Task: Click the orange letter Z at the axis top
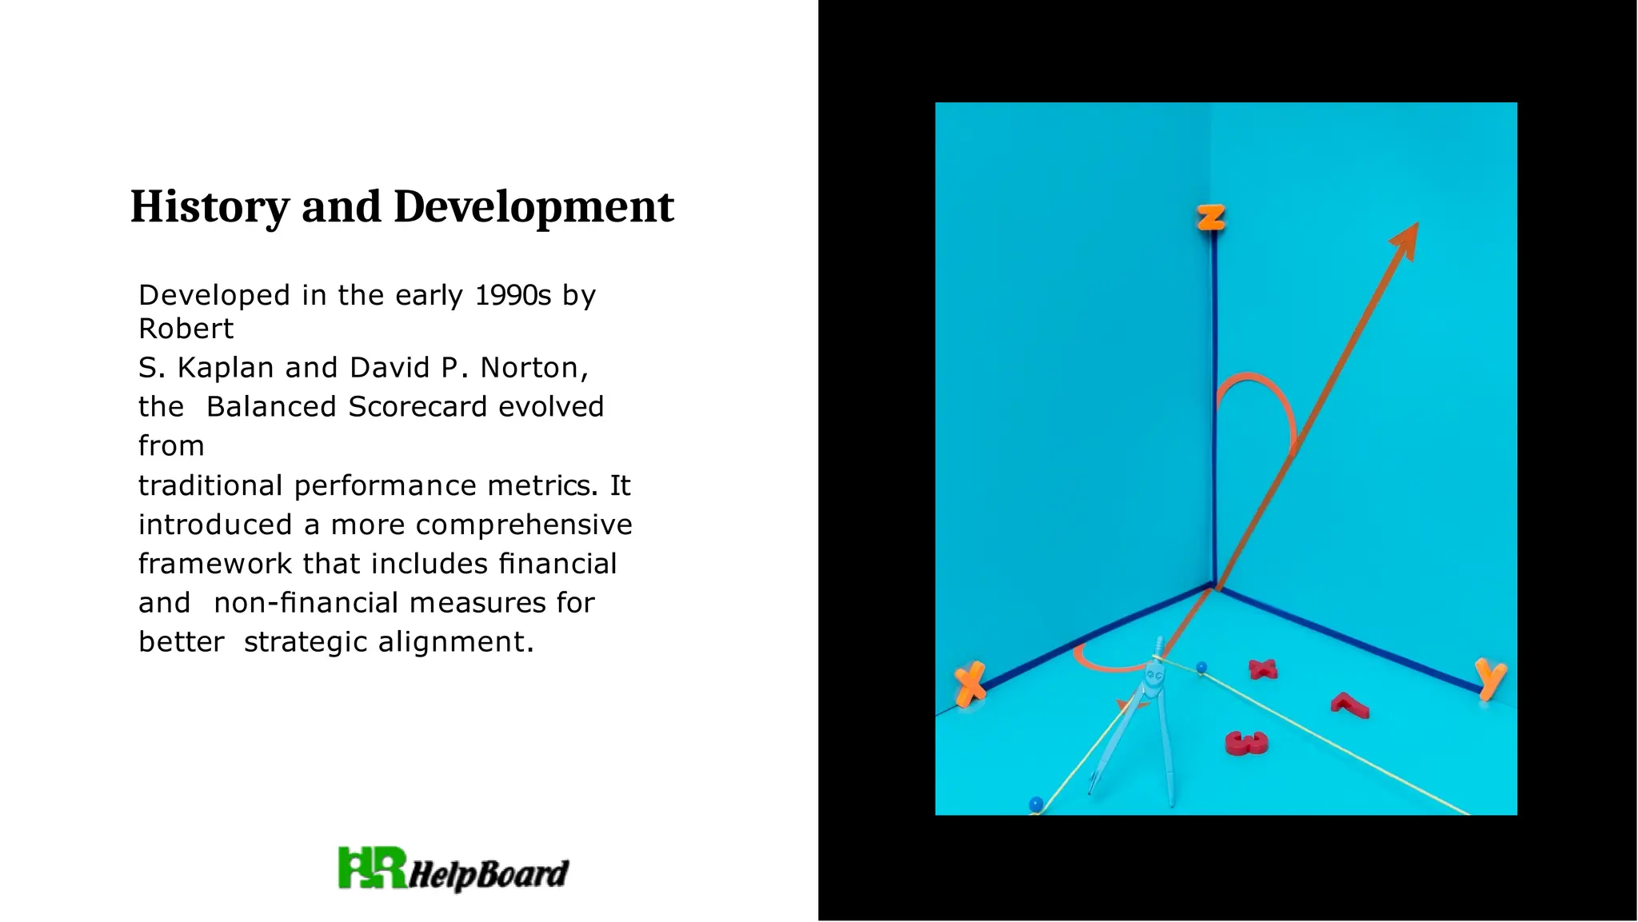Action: click(x=1211, y=217)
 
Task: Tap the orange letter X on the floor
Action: click(x=971, y=683)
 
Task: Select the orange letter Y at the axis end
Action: click(x=1490, y=678)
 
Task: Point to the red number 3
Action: click(x=1246, y=743)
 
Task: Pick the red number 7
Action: click(x=1350, y=704)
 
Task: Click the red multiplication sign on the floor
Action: click(x=1263, y=669)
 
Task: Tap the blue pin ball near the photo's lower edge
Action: click(x=1037, y=803)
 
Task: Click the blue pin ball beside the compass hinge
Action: click(x=1201, y=667)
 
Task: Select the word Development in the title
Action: click(x=533, y=206)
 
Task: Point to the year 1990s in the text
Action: click(x=513, y=295)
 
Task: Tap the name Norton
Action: click(x=533, y=367)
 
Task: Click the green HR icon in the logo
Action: click(x=372, y=868)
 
